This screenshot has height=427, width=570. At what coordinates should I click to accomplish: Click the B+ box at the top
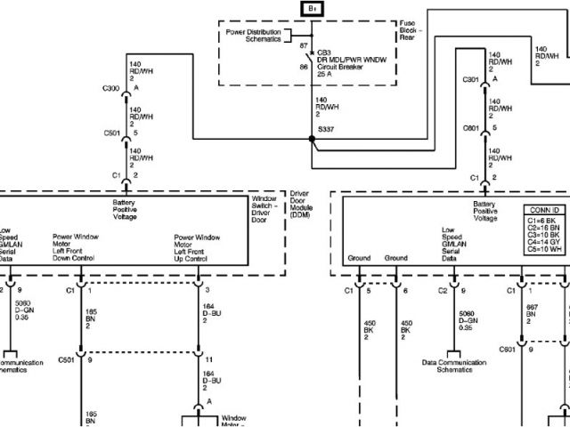tap(312, 9)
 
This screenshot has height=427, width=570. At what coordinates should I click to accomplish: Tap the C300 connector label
tap(111, 89)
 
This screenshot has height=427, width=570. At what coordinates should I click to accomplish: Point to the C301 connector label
tap(471, 82)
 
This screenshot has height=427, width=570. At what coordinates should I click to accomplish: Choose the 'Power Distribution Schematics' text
tap(253, 36)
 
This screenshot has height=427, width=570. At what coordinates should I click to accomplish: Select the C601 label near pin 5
tap(471, 128)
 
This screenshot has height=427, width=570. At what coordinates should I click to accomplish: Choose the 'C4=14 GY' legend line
tap(542, 241)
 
